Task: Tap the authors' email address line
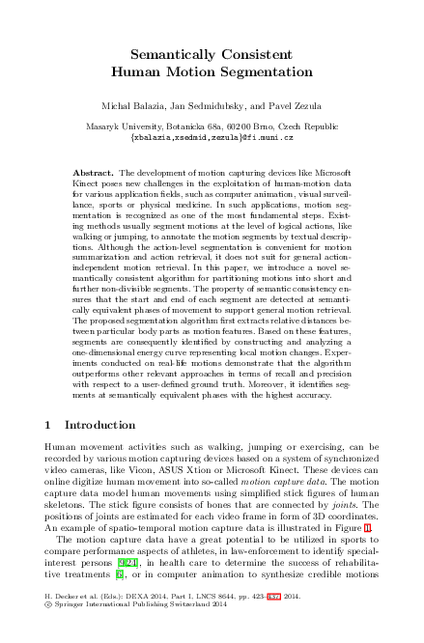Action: pos(212,137)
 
